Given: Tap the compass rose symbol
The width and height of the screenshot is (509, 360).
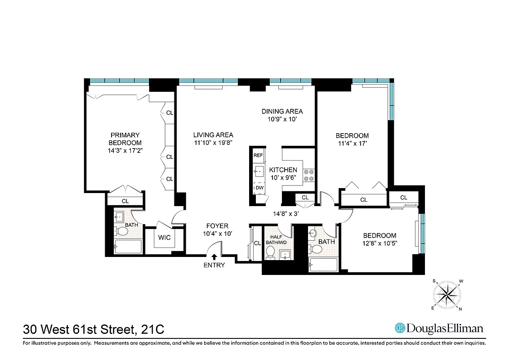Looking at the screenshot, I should pyautogui.click(x=448, y=294).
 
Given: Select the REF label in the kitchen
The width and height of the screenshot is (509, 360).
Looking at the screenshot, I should pyautogui.click(x=258, y=155).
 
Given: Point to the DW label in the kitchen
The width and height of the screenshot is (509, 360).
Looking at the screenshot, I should pyautogui.click(x=259, y=188).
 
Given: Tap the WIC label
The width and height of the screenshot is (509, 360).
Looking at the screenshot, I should pyautogui.click(x=165, y=237).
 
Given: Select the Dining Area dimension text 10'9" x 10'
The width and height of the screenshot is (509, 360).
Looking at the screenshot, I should pyautogui.click(x=282, y=120).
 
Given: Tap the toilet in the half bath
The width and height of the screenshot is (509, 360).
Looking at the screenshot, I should pyautogui.click(x=270, y=254).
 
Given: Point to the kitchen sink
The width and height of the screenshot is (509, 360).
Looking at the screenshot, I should pyautogui.click(x=259, y=171).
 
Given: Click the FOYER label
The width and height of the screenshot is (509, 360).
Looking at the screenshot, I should pyautogui.click(x=217, y=226).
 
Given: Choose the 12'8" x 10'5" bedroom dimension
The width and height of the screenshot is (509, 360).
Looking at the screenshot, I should pyautogui.click(x=380, y=243).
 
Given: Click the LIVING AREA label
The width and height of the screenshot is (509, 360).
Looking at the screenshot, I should pyautogui.click(x=213, y=135).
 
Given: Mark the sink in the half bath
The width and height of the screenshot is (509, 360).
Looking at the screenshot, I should pyautogui.click(x=286, y=256).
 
